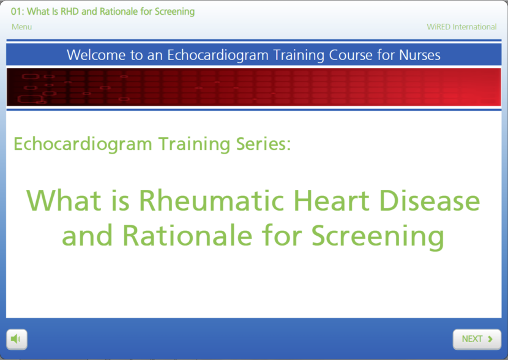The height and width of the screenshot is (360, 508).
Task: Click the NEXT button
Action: coord(476,339)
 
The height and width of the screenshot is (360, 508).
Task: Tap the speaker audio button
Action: coord(17,339)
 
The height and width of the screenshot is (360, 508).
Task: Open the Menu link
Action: coord(21,27)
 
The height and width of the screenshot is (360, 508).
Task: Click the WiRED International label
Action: coord(461,27)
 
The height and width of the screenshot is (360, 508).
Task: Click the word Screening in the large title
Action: coord(378,236)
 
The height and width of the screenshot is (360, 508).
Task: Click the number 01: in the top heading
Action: coord(18,12)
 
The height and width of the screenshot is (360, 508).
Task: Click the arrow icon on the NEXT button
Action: coord(490,339)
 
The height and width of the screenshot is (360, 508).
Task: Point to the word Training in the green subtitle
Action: coord(195,144)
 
